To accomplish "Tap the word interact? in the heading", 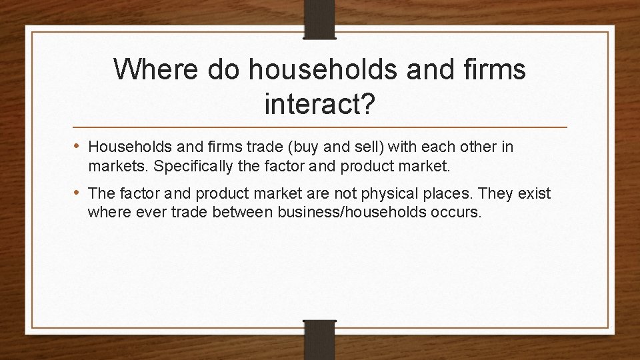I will tap(319, 103).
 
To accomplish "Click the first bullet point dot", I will tap(79, 146).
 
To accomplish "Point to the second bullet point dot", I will tap(79, 193).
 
